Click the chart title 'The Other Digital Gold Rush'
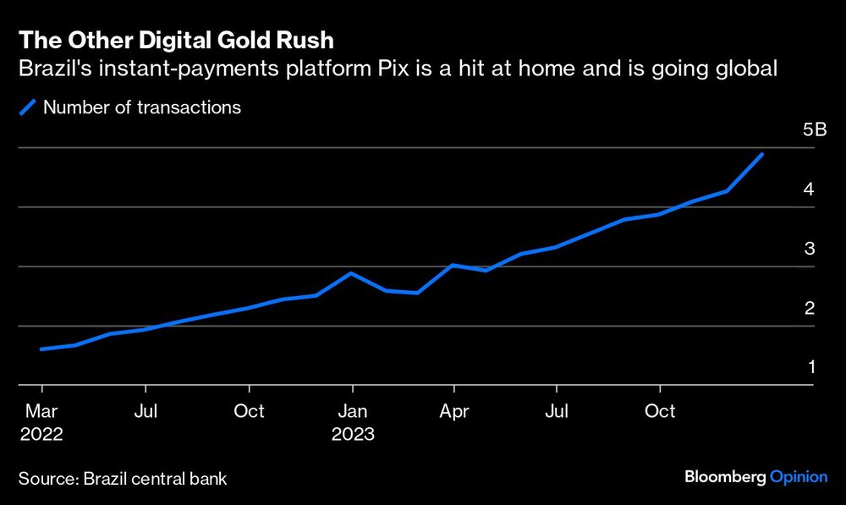click(x=176, y=40)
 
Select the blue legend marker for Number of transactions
click(x=28, y=107)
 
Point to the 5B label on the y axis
click(x=815, y=129)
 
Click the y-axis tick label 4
click(x=809, y=189)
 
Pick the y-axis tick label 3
click(x=810, y=248)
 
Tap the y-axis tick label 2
click(x=810, y=308)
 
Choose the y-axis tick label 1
click(x=811, y=367)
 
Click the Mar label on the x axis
click(x=41, y=411)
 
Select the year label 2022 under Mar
click(x=41, y=434)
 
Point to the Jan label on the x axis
click(x=352, y=411)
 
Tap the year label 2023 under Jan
click(x=353, y=434)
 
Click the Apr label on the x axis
click(x=453, y=411)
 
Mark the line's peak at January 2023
click(x=351, y=273)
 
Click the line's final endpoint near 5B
click(x=762, y=154)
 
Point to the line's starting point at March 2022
click(x=41, y=349)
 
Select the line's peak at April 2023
click(x=453, y=265)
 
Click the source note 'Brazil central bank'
click(x=156, y=479)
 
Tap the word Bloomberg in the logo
click(x=725, y=477)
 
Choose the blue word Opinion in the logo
click(x=799, y=477)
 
